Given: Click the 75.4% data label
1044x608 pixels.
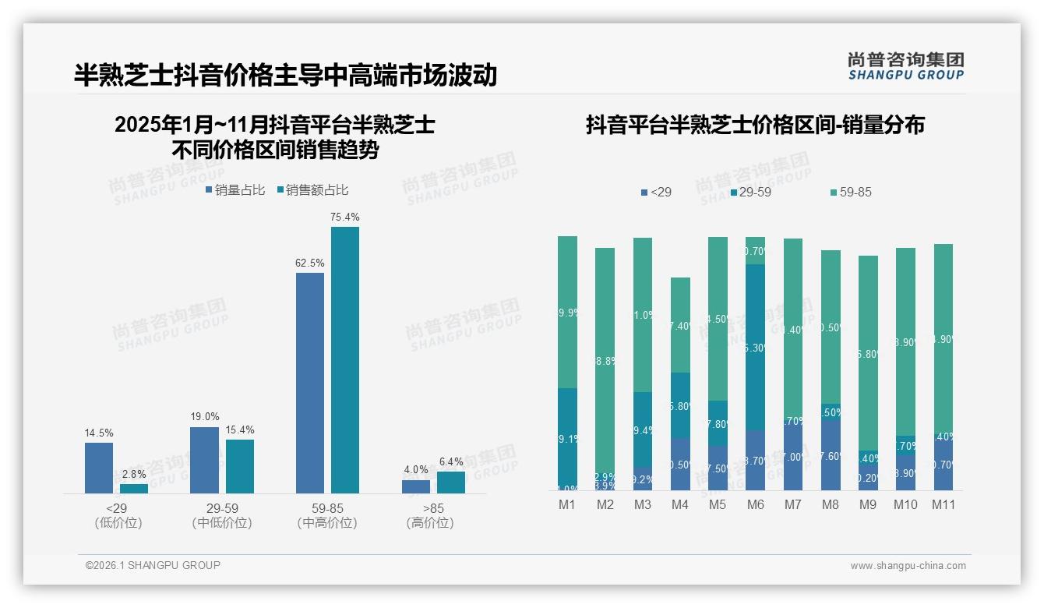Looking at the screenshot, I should click(x=345, y=217).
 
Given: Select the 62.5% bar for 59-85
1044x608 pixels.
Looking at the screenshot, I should click(x=310, y=383).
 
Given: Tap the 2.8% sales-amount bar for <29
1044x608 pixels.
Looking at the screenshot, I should click(x=134, y=489).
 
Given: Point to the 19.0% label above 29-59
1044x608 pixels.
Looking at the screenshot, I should click(x=205, y=417).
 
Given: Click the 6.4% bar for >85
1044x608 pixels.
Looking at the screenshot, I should click(x=451, y=483).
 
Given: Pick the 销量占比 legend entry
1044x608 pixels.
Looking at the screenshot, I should click(x=235, y=190).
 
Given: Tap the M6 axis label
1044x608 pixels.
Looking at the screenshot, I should click(x=755, y=504).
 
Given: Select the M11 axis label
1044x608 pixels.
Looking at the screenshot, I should click(x=943, y=504).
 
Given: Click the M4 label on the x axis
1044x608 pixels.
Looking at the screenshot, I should click(x=680, y=504).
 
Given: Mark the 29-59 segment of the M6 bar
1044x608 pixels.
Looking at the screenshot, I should click(x=755, y=347).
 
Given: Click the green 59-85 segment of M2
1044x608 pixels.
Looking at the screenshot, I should click(x=605, y=359).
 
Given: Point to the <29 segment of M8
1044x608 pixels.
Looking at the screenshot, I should click(x=831, y=454).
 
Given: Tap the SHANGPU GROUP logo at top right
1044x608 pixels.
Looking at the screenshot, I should click(x=905, y=66).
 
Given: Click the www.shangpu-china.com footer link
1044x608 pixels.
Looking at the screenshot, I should click(x=908, y=566).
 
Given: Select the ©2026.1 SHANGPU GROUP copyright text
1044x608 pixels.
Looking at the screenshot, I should click(x=153, y=565).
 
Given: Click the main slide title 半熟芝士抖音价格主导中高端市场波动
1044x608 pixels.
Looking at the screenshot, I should click(x=285, y=75).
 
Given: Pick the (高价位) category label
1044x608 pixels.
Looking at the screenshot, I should click(x=430, y=523).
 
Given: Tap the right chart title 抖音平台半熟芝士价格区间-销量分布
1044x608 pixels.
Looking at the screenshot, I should click(x=755, y=125).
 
